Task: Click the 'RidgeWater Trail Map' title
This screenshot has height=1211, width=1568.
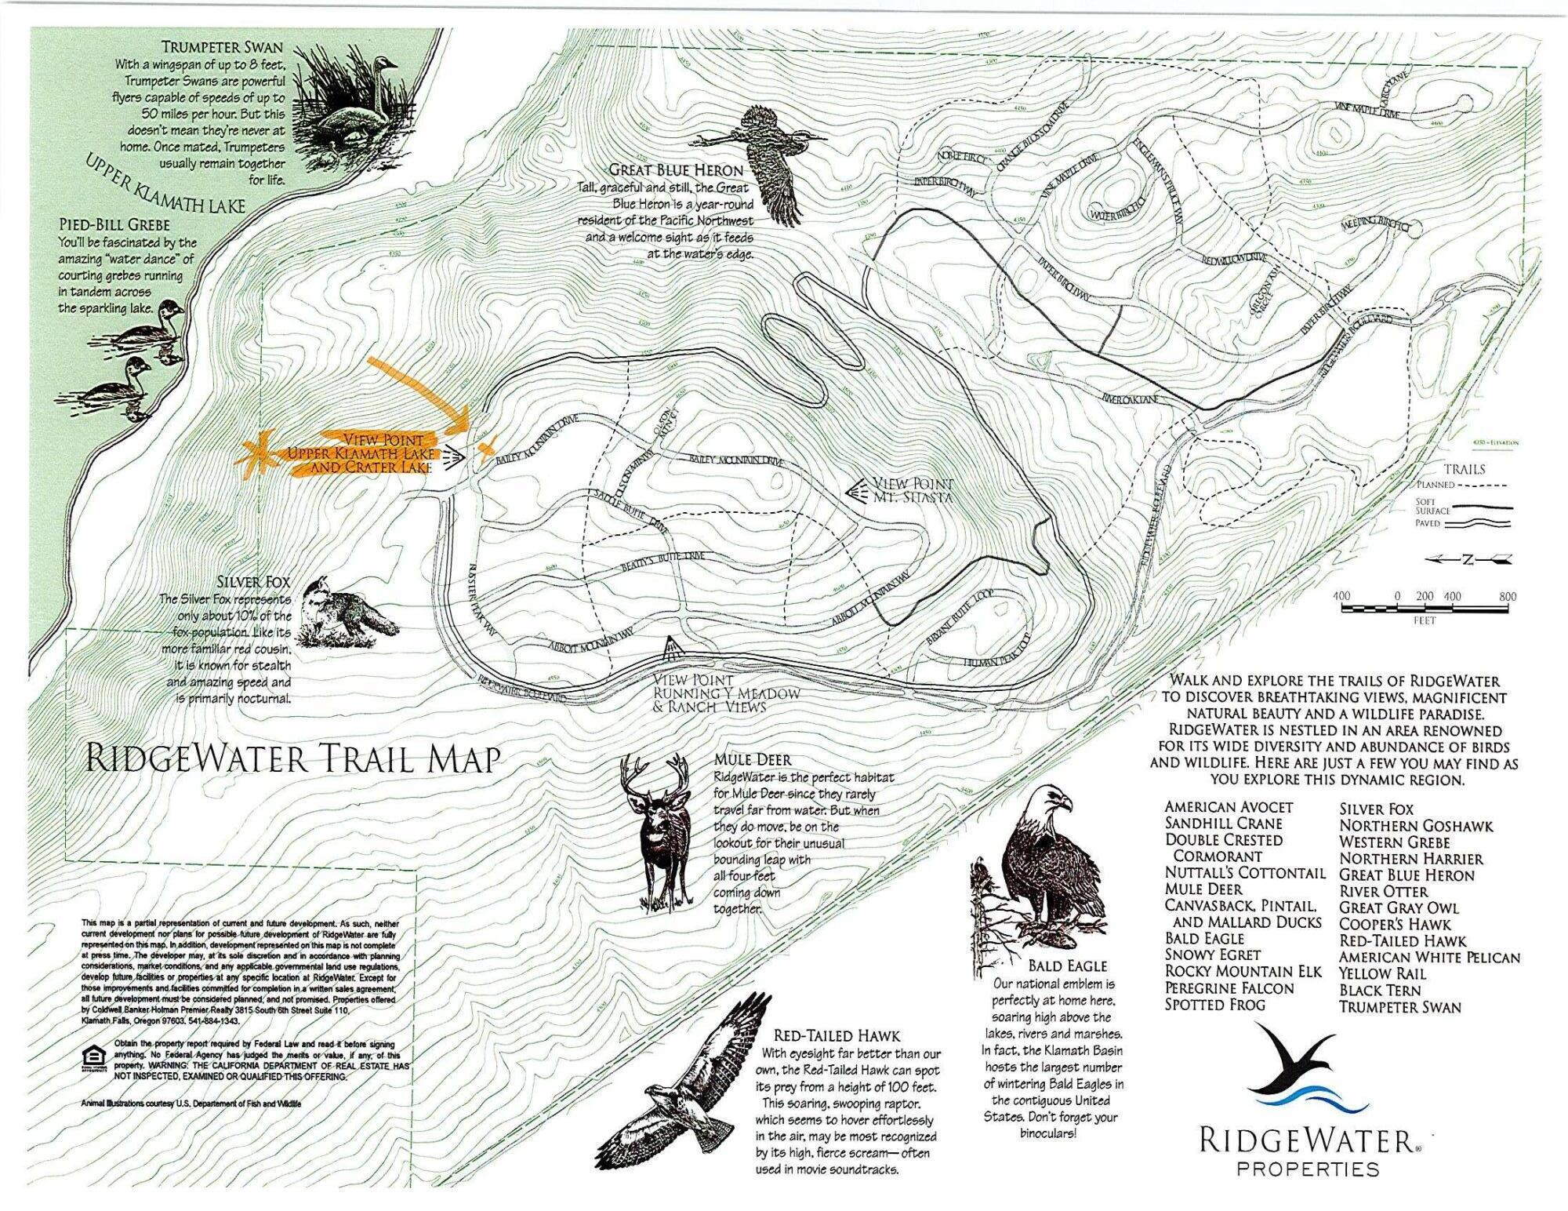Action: coord(292,759)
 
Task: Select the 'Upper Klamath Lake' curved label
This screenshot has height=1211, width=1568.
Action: coord(165,183)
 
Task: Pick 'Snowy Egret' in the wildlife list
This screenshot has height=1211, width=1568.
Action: coord(1212,955)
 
